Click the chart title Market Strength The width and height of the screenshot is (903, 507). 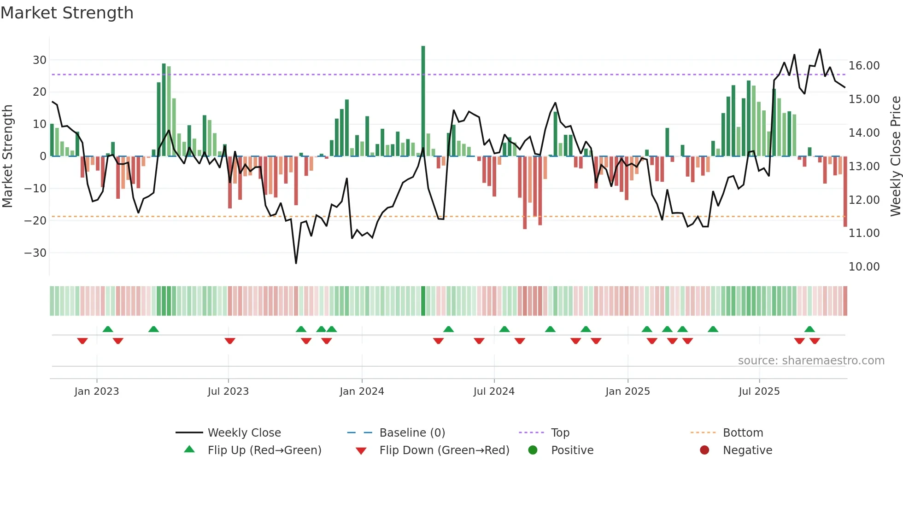[67, 13]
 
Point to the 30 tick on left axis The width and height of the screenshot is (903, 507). [40, 60]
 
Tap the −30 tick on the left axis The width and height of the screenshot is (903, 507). [36, 253]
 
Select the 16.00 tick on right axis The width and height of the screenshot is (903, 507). [864, 65]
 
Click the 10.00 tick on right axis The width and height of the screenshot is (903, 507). [864, 266]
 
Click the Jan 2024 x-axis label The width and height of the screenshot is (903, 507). [362, 391]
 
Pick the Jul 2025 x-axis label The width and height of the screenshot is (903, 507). [759, 391]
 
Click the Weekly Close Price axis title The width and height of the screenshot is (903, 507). [895, 156]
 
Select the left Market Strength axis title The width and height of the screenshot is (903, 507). [7, 156]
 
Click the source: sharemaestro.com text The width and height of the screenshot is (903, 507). [811, 360]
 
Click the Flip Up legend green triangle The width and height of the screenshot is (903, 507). [189, 449]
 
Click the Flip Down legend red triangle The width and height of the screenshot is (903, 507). [361, 450]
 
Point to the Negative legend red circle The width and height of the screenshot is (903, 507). [704, 450]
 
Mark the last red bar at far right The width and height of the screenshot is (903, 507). [845, 191]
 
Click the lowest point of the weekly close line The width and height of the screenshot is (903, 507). [296, 263]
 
